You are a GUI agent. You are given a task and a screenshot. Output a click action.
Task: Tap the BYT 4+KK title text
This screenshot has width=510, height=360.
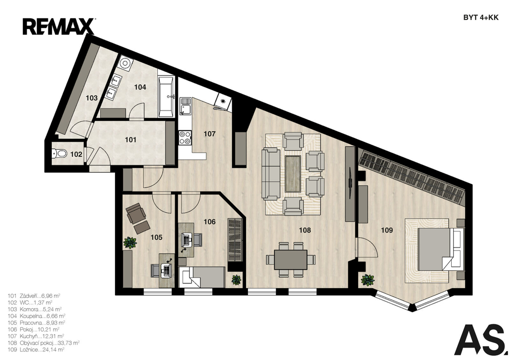click(x=481, y=18)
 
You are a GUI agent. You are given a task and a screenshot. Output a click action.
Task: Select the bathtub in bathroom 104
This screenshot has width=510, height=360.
click(x=166, y=97)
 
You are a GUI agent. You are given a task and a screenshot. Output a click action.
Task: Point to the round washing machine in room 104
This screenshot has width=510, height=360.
click(x=125, y=63)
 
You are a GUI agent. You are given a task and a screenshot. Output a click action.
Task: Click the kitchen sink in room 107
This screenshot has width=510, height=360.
click(x=186, y=106)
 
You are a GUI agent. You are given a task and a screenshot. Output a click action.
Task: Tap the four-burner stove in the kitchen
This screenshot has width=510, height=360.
click(x=185, y=137)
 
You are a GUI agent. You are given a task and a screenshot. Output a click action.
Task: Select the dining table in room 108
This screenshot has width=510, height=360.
click(x=290, y=259)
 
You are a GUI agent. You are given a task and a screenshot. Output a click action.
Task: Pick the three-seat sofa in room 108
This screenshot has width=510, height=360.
click(x=271, y=174)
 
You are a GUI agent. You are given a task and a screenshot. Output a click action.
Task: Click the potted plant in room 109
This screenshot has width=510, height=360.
click(x=368, y=280)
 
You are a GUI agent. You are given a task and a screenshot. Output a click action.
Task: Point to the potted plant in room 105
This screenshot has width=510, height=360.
click(x=130, y=242)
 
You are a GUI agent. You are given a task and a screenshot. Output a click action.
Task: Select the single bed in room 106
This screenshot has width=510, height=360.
click(x=202, y=277)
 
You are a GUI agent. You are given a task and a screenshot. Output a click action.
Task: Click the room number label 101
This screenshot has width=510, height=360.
click(x=130, y=140)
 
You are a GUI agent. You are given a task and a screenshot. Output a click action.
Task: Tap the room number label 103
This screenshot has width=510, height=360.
click(x=92, y=98)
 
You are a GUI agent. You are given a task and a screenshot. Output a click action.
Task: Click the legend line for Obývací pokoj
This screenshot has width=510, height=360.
click(x=44, y=343)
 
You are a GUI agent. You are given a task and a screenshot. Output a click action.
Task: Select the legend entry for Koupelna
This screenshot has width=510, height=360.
click(x=36, y=316)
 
